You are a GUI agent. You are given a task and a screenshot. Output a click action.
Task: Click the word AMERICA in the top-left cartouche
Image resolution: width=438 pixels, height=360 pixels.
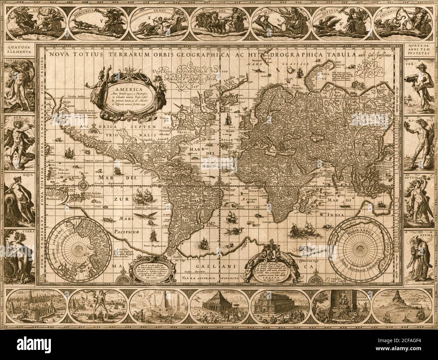click(120, 86)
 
